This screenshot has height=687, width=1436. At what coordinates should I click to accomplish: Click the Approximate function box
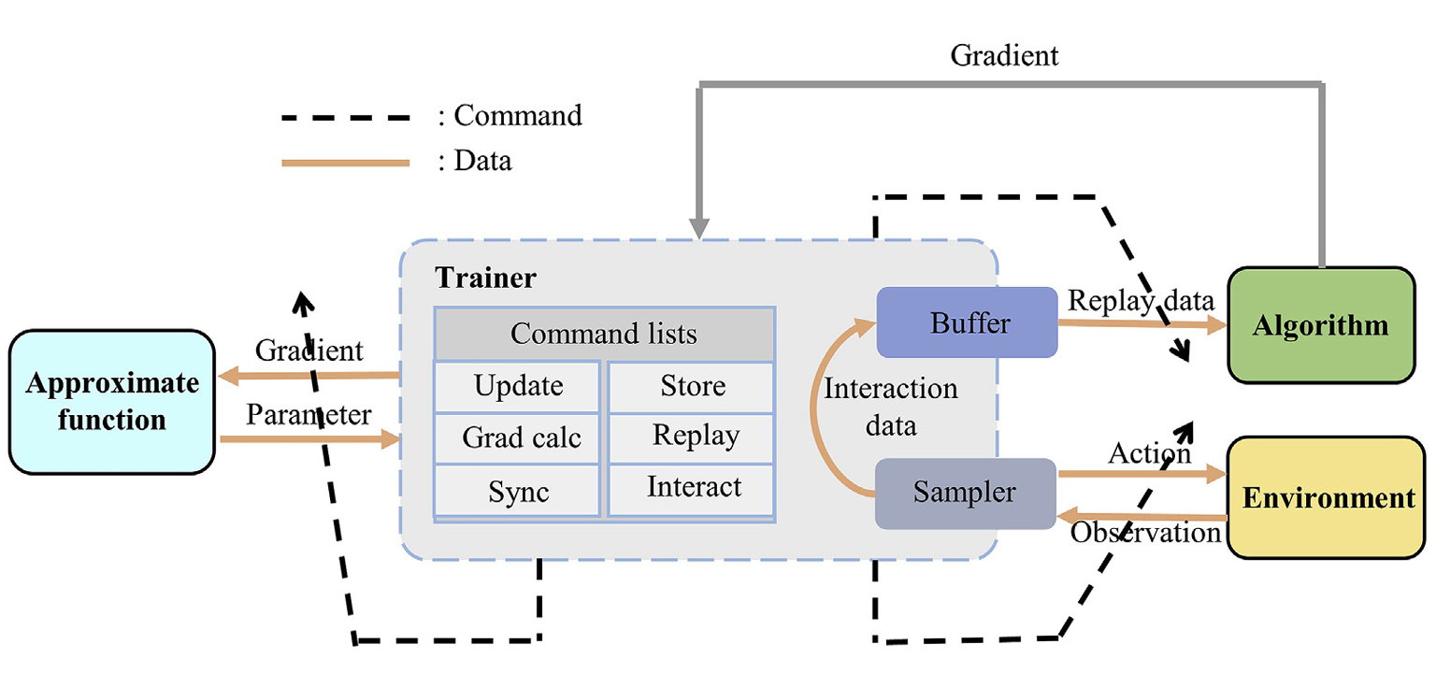tap(112, 401)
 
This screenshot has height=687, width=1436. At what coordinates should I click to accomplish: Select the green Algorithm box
tap(1320, 325)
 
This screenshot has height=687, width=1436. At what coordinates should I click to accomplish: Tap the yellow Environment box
tap(1328, 497)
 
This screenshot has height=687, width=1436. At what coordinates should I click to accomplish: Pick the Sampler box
tap(965, 493)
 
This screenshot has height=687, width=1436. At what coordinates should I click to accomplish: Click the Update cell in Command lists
tap(518, 386)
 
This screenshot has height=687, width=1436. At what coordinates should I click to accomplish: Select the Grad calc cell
tap(520, 437)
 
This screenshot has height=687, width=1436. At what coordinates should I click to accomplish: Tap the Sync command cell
tap(518, 492)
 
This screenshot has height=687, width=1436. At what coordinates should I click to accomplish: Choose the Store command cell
tap(692, 386)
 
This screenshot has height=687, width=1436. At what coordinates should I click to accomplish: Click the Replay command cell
tap(694, 436)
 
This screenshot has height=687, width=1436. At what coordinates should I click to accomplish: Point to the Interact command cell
tap(694, 487)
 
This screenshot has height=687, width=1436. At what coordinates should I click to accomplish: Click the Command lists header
tap(604, 334)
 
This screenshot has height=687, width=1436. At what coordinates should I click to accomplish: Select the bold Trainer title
tap(486, 279)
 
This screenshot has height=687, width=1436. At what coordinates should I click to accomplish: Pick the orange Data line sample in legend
tap(346, 163)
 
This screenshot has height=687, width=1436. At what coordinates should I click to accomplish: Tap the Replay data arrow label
tap(1141, 300)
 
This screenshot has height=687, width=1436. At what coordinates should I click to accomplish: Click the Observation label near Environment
tap(1146, 533)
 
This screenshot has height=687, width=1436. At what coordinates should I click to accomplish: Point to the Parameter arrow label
tap(309, 415)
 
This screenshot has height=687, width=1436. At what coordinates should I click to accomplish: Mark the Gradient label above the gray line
tap(1004, 55)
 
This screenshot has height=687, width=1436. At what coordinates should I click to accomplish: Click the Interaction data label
tap(890, 408)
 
